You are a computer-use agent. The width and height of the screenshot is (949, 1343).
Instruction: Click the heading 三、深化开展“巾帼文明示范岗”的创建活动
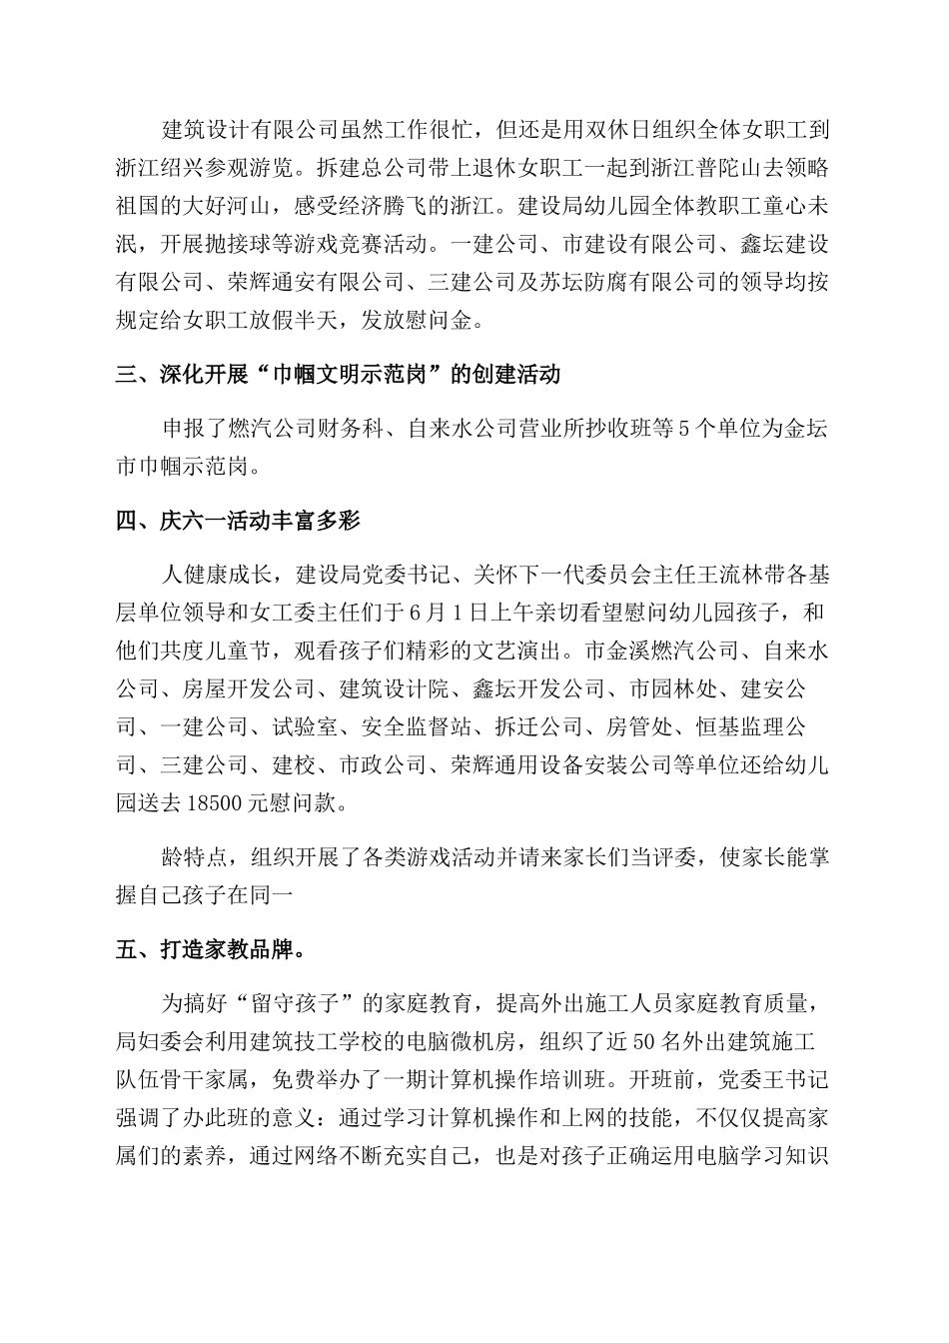(x=338, y=375)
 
